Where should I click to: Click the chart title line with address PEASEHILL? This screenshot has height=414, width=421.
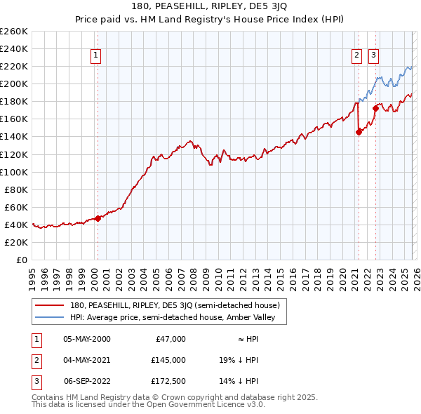tap(210, 7)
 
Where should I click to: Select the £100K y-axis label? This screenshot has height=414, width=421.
tap(14, 172)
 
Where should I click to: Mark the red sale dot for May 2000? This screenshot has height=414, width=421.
tap(98, 218)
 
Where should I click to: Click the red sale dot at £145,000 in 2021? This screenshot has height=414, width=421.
tap(359, 131)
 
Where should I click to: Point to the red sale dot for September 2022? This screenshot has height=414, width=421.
tap(375, 108)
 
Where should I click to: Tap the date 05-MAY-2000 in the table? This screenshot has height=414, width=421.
tap(87, 338)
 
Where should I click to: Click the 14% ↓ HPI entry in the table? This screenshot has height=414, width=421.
tap(239, 381)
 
